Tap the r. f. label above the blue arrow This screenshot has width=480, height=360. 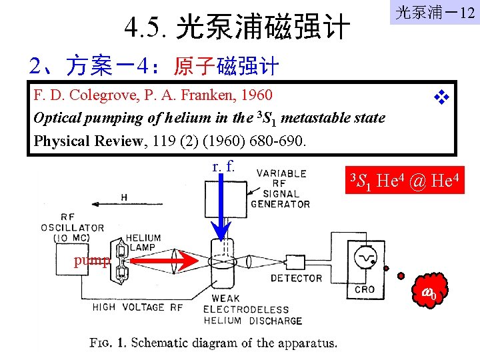point(221,166)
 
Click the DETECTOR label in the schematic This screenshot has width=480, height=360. point(297,277)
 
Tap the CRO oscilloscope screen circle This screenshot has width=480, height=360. point(365,257)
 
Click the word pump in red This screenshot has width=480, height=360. point(91,260)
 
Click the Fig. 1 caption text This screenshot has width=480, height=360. point(213,343)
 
